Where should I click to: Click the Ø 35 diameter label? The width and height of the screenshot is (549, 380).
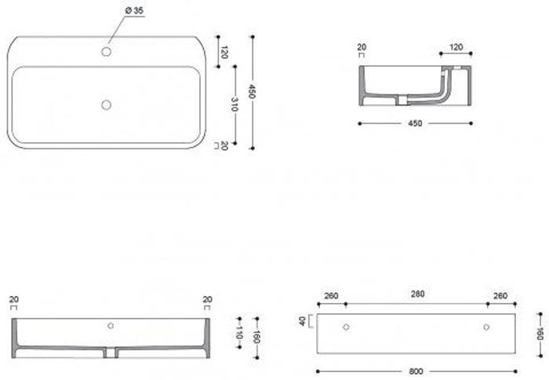(x=134, y=11)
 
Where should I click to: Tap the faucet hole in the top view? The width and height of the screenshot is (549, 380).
(x=106, y=52)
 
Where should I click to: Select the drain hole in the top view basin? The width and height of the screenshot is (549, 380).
(x=106, y=105)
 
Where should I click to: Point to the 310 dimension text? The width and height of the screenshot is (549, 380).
(x=235, y=104)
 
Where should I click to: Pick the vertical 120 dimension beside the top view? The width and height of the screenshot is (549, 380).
(x=224, y=53)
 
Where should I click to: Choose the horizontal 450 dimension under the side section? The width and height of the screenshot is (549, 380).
(x=415, y=123)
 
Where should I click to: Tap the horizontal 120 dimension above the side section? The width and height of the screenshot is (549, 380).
(x=456, y=47)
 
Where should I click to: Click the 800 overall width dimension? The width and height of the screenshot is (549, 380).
(x=416, y=371)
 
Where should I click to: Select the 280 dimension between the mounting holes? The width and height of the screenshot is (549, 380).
(x=418, y=294)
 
